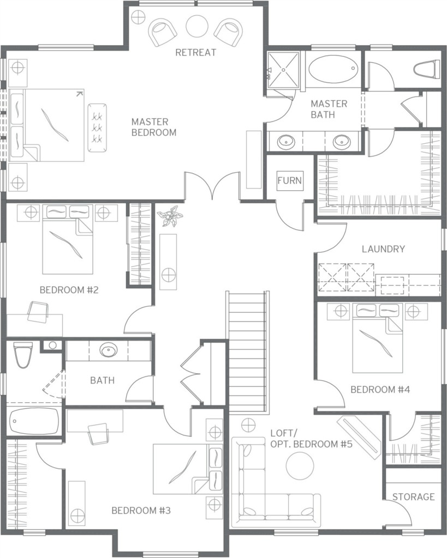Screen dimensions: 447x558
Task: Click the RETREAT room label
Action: (196, 52)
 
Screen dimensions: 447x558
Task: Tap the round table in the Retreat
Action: (197, 26)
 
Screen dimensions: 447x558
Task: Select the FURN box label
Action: (289, 180)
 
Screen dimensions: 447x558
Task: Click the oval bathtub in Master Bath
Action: (332, 69)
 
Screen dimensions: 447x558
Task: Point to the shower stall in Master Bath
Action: (284, 69)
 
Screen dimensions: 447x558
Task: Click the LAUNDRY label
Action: (383, 248)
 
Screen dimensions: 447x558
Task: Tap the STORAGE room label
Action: (414, 496)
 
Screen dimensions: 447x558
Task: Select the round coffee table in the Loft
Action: (300, 466)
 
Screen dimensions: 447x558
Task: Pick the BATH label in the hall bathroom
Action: (102, 380)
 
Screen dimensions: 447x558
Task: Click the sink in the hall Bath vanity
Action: (108, 351)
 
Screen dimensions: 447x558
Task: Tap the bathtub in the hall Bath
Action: (34, 421)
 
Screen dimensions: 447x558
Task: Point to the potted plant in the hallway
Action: (170, 216)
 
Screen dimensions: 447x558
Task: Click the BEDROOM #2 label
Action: (69, 290)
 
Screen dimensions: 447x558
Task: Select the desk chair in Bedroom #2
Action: (38, 312)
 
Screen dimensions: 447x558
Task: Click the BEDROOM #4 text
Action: (380, 390)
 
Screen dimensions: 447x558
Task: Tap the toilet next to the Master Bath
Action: (426, 69)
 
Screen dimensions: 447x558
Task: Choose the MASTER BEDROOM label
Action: (154, 127)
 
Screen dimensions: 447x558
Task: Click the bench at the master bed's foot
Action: (97, 126)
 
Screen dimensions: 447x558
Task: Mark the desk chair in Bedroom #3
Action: (98, 434)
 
